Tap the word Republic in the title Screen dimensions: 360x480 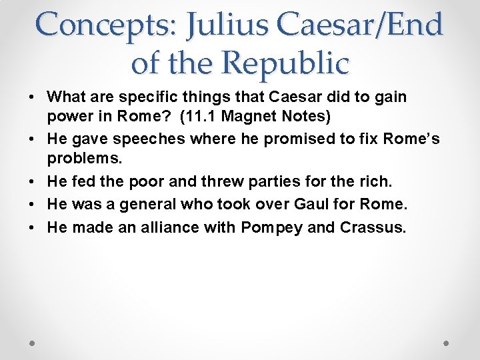pos(285,63)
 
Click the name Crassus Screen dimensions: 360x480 pos(372,227)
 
